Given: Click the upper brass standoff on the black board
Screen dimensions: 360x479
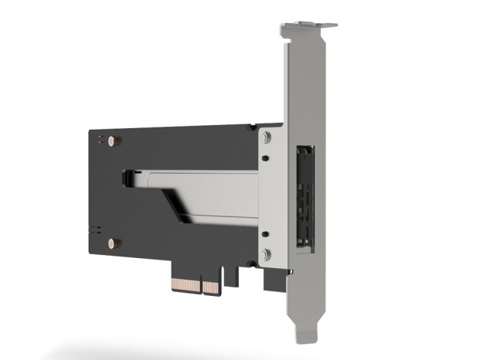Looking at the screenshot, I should click(x=114, y=141).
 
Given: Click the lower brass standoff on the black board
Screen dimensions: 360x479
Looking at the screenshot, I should click(x=114, y=243).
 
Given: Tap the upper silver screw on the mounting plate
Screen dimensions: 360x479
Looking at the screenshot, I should click(x=267, y=138).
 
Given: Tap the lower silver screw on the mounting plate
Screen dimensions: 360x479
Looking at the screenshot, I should click(x=267, y=254).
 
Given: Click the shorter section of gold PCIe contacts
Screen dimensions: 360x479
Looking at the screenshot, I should click(x=212, y=287).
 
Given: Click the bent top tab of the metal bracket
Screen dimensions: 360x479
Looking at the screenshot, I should click(x=308, y=29).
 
